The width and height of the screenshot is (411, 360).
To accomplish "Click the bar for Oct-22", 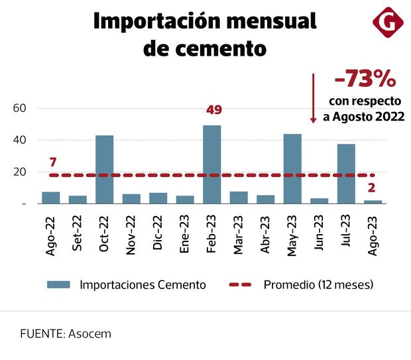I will point(105,169).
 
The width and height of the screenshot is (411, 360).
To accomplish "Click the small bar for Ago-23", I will point(373,202).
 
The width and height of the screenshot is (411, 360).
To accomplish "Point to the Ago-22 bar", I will point(51,198).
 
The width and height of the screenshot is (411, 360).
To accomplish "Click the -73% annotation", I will point(365,80).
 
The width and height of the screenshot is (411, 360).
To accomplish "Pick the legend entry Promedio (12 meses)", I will point(318,284).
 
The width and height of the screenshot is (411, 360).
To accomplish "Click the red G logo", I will point(388,23).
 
